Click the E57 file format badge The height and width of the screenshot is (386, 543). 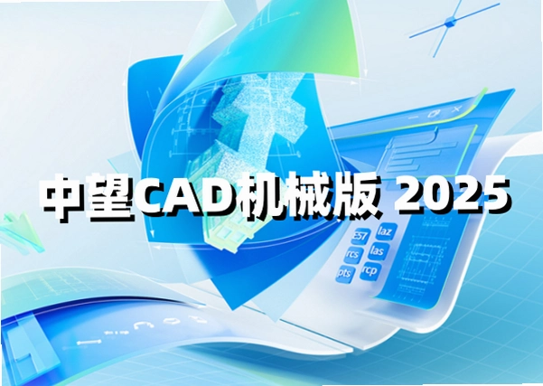pos(360,237)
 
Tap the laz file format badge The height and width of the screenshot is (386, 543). pos(386,231)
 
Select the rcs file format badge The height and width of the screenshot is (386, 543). pos(354,255)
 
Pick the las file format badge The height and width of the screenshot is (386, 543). pos(379,250)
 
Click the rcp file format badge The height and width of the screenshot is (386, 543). pos(370,270)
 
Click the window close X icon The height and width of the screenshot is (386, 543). pos(457,109)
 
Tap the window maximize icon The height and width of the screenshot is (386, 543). pos(434,113)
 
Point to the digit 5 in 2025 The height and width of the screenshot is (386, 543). pos(494,195)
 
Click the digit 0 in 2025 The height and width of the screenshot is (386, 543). pos(435,195)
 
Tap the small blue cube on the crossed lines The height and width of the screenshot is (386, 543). pos(449,23)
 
